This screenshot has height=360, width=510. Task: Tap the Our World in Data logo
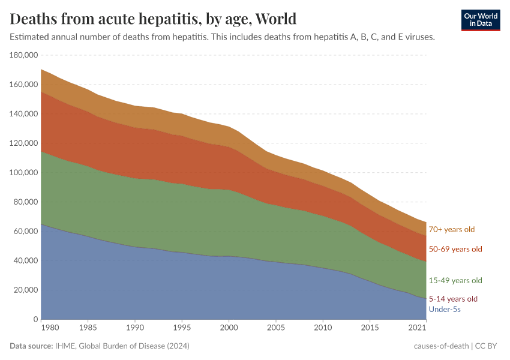(481, 19)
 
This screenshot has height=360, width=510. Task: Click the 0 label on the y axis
(35, 319)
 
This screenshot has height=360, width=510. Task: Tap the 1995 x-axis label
(182, 329)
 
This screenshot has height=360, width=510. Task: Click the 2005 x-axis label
(275, 329)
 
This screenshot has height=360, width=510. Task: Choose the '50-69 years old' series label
(455, 249)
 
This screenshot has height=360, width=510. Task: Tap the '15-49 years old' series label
(455, 280)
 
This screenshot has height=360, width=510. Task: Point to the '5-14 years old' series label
(453, 299)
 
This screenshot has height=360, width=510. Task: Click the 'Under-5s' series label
(445, 309)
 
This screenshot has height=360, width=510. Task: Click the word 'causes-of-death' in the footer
(441, 346)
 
